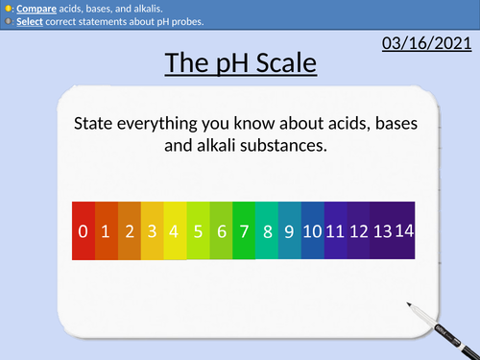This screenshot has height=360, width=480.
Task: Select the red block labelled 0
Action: (x=84, y=230)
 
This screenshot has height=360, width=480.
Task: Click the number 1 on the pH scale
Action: (x=107, y=230)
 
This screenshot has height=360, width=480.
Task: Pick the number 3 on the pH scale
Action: (x=153, y=230)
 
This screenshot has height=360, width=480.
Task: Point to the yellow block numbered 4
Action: (x=175, y=230)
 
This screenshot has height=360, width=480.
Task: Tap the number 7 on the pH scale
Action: (x=244, y=230)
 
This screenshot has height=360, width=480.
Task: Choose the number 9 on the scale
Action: (x=289, y=230)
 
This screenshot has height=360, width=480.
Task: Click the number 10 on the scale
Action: (x=312, y=230)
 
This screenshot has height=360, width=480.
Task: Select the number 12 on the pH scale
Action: (x=358, y=230)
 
